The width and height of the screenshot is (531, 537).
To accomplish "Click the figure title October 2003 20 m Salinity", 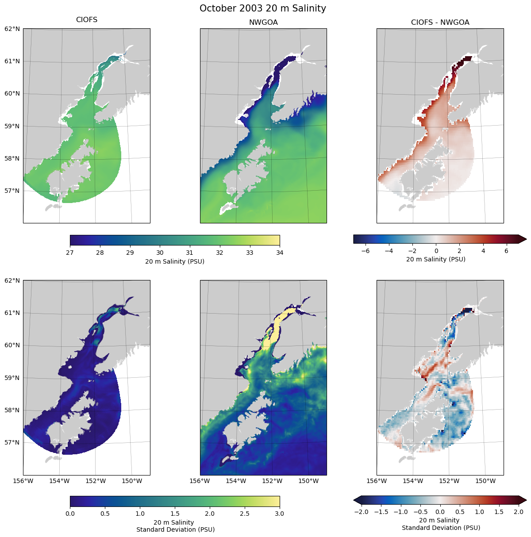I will [263, 8].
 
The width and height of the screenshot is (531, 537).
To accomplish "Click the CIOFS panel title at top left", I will [87, 20].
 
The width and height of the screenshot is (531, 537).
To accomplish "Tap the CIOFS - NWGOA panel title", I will [440, 22].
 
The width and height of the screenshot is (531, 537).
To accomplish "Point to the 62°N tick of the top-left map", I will [12, 29].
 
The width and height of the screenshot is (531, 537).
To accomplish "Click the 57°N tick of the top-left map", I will [12, 191].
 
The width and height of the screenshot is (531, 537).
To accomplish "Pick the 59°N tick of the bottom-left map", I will [12, 378].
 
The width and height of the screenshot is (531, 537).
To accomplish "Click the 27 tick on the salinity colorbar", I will [70, 253].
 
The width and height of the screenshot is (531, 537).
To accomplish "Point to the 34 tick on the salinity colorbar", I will [280, 253].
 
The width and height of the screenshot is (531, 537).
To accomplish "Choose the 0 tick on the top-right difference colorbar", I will [436, 250].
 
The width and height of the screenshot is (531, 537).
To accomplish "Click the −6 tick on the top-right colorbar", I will [366, 250].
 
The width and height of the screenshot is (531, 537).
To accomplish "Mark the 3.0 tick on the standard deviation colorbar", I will [280, 514].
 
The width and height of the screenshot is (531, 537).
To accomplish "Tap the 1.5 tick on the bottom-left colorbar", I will [175, 514].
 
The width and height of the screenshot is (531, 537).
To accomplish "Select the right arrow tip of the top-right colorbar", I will [526, 239].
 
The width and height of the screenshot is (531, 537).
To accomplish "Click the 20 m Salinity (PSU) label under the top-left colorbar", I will [175, 261].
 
